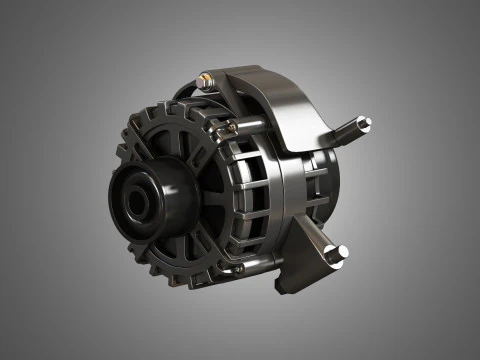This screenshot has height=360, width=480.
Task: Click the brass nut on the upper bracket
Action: click(206, 77)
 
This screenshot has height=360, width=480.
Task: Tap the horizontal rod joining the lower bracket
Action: click(270, 262)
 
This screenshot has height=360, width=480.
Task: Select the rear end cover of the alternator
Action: click(325, 180)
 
